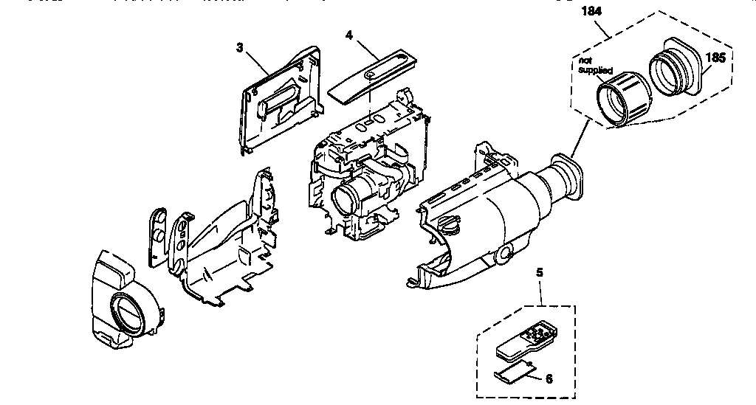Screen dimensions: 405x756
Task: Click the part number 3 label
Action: coord(239,47)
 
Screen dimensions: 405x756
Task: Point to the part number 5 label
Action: coord(539,272)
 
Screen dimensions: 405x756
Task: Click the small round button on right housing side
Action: coord(505,255)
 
